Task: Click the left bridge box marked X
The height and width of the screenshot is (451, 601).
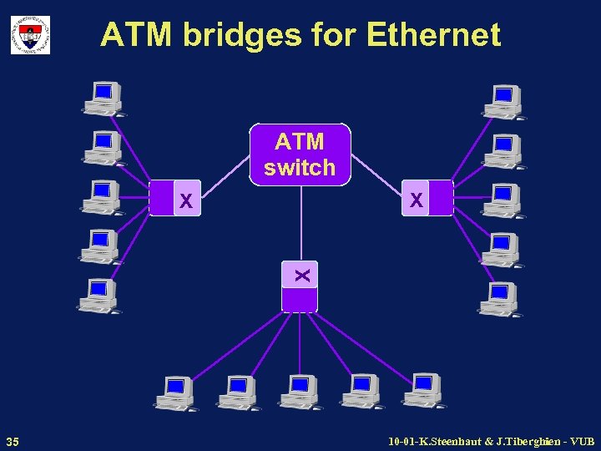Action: point(175,198)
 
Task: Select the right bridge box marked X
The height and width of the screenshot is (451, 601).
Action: point(427,198)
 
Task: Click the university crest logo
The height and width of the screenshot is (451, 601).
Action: point(30,35)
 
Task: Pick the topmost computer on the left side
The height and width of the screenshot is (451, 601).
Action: point(103,99)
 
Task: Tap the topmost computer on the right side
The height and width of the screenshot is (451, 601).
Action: point(503,101)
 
